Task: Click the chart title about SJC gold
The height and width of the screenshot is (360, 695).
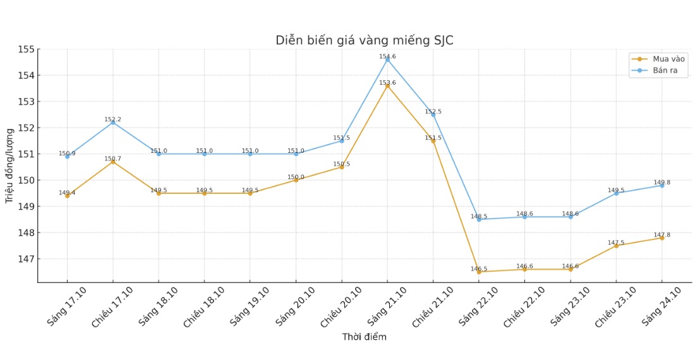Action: point(364,40)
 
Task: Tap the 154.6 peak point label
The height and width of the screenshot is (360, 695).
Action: point(387,57)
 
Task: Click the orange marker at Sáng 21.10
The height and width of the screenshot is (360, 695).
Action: point(387,86)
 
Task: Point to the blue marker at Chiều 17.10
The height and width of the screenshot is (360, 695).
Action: point(113,123)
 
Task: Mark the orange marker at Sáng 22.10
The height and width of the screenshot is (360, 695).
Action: point(479,272)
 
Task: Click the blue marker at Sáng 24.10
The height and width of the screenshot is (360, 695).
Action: point(662,186)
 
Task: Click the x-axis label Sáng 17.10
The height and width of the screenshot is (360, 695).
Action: point(66,307)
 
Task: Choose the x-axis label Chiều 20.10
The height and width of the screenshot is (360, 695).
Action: point(341,308)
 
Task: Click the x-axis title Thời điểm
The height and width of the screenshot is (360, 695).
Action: point(364,337)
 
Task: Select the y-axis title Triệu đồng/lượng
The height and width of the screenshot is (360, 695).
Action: point(9,165)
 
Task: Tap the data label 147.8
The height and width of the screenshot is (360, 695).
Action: point(661,235)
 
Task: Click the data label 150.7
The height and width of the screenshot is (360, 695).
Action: point(112,159)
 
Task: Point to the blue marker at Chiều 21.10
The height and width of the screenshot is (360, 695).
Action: point(433,115)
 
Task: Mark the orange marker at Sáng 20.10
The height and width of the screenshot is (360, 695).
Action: point(296,180)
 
